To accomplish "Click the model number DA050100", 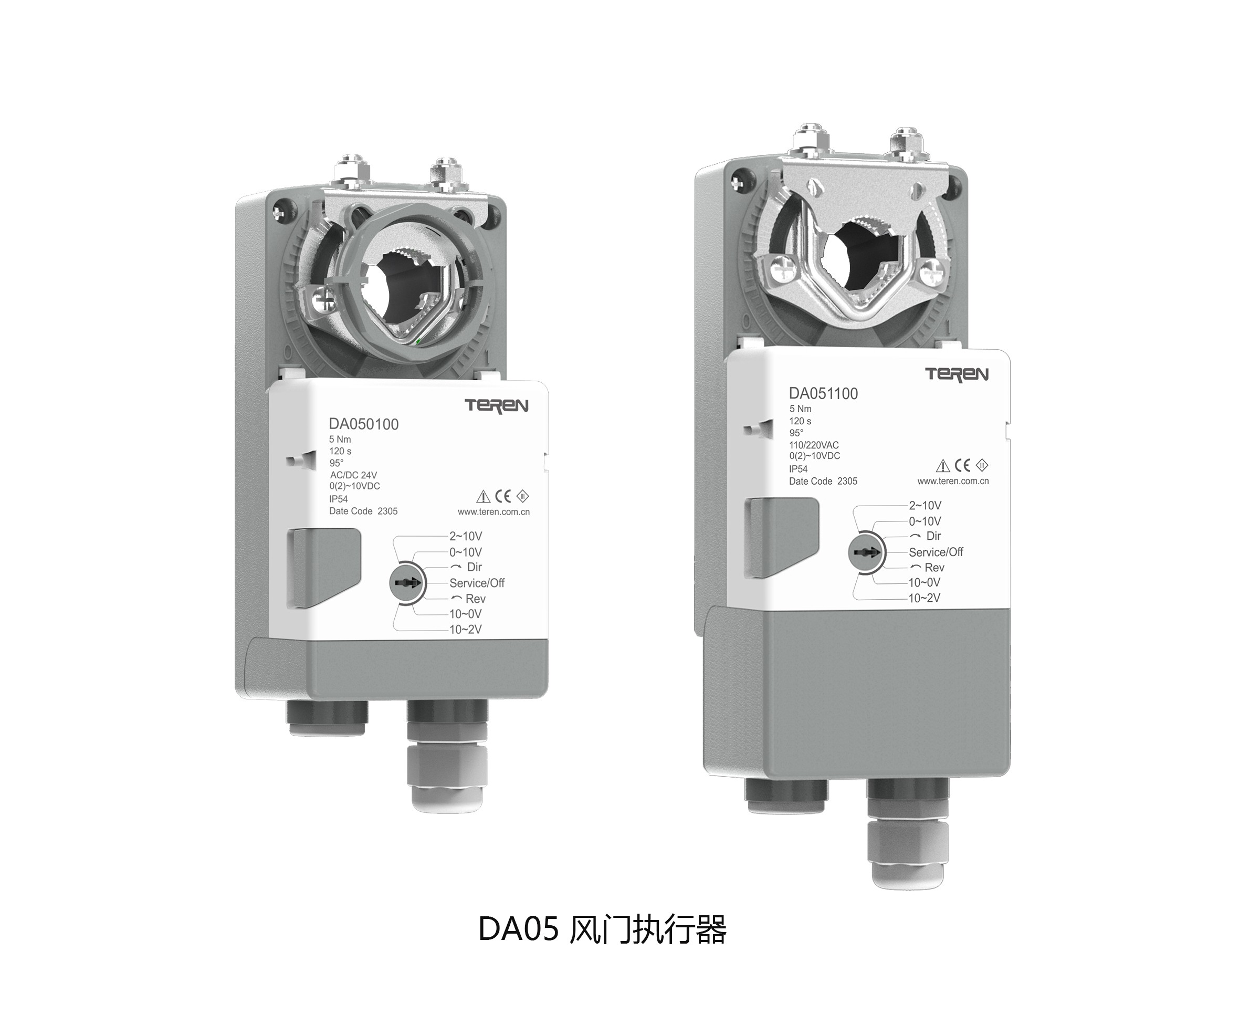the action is (363, 424).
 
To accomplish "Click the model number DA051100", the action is (823, 393).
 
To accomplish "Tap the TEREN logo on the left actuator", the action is (496, 405).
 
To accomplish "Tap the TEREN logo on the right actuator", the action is (957, 374).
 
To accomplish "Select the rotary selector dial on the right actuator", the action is (865, 552).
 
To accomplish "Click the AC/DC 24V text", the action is (353, 475).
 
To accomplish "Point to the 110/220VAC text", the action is (814, 445).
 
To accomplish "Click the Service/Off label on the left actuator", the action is (477, 583).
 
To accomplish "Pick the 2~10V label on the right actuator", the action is (925, 506).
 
